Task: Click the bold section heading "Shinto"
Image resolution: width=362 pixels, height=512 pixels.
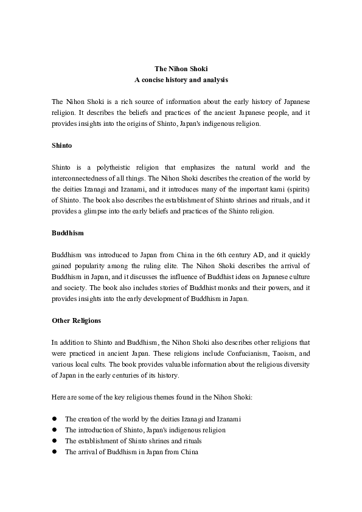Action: coord(62,145)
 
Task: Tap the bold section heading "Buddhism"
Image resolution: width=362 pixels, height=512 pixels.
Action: coord(68,233)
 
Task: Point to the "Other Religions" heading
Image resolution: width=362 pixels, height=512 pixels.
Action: coord(77,320)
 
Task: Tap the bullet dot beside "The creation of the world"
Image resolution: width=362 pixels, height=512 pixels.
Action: coord(54,419)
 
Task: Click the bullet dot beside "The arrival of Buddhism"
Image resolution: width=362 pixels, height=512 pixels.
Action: coord(54,452)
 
